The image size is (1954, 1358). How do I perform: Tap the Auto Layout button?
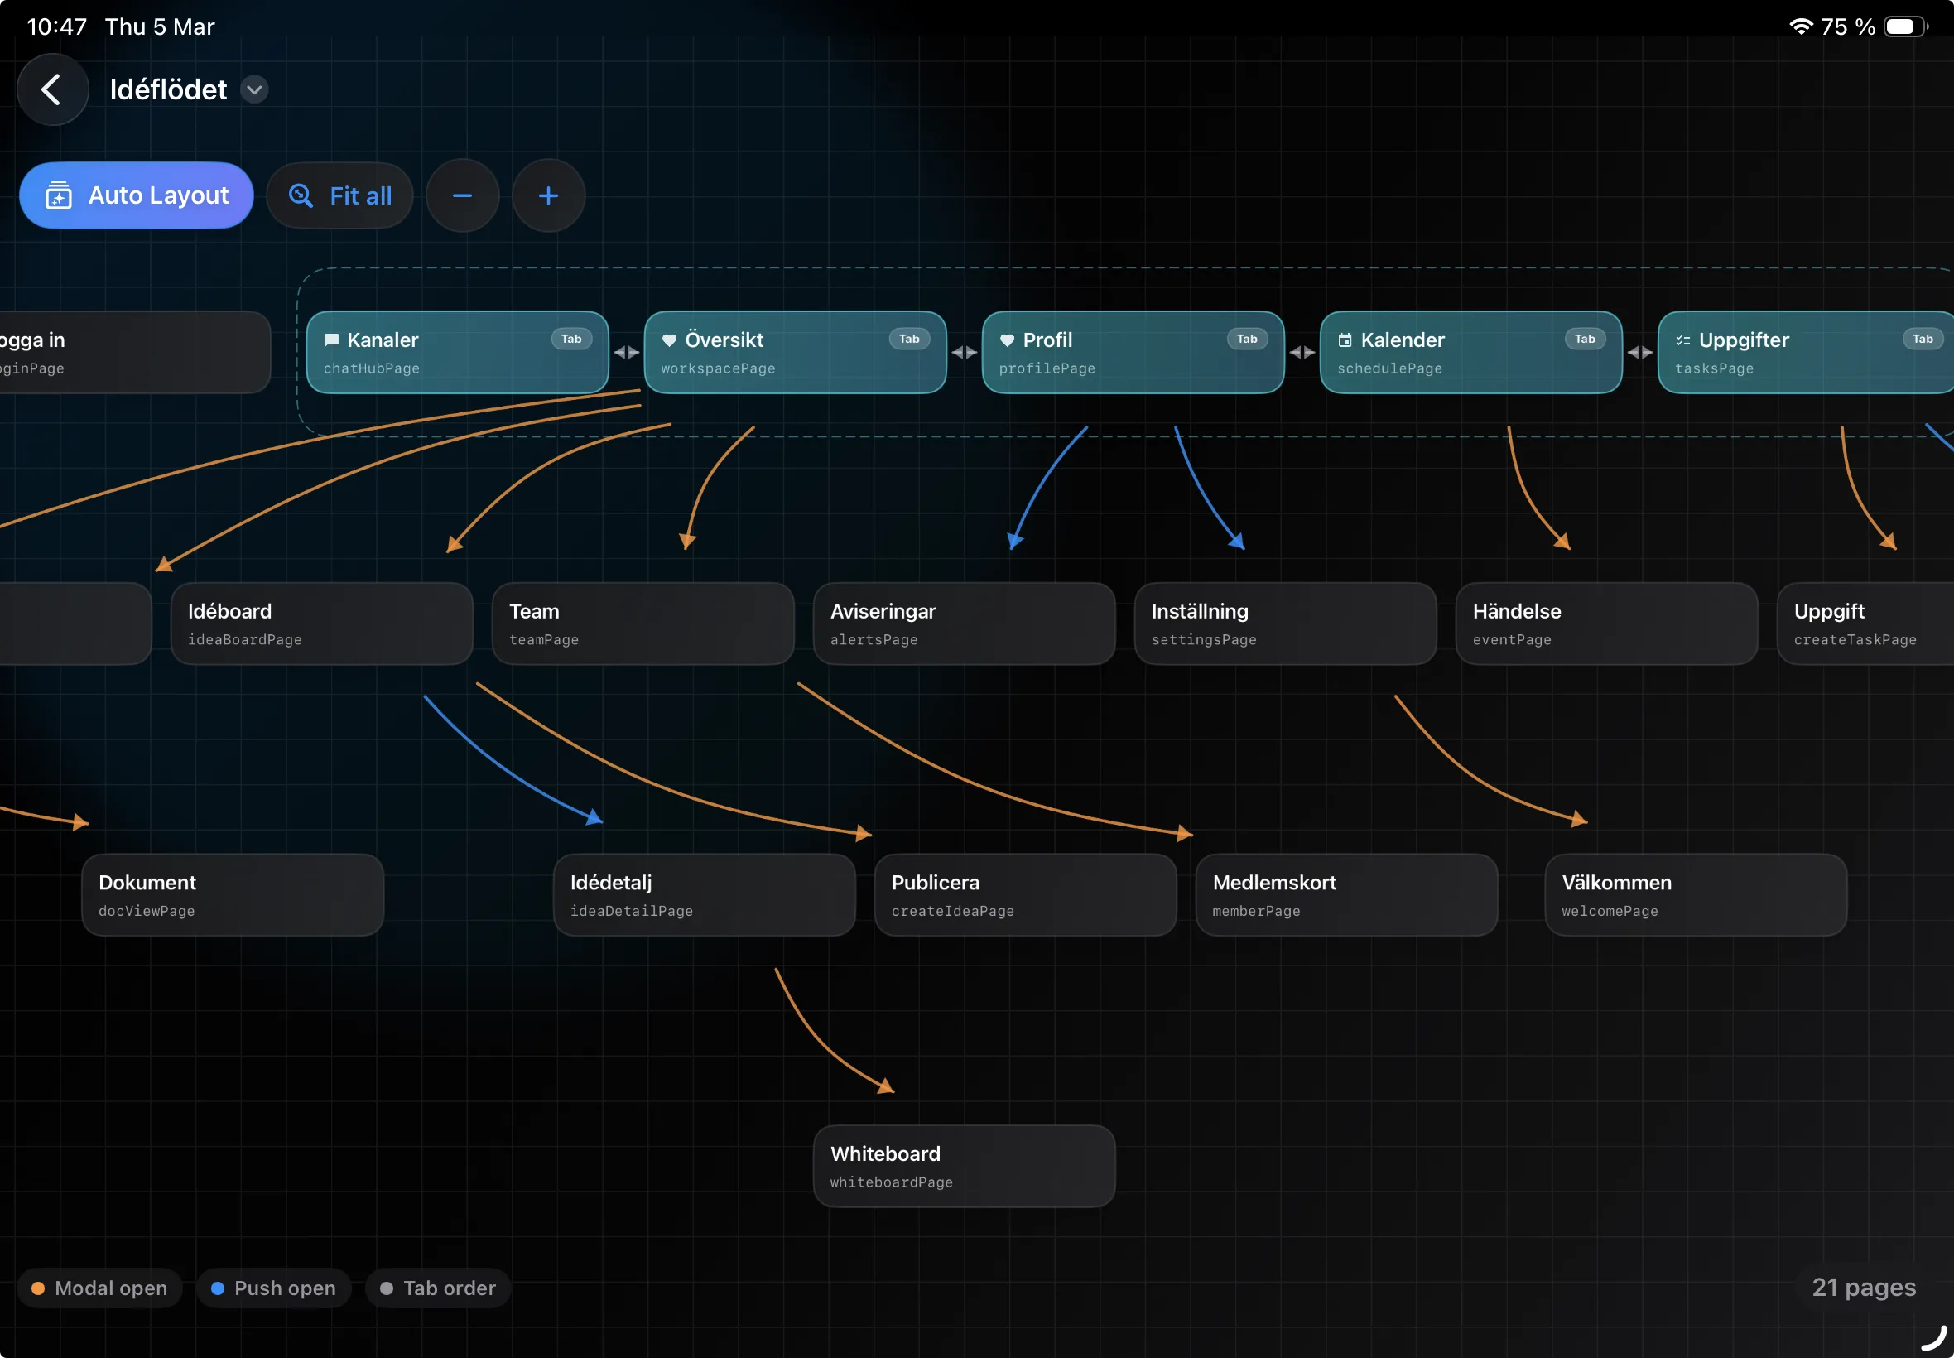(136, 195)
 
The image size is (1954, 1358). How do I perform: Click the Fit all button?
(340, 195)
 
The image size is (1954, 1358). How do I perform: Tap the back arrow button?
(52, 89)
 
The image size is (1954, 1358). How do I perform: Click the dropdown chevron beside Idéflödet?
(254, 89)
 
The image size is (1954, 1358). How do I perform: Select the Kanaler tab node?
(457, 352)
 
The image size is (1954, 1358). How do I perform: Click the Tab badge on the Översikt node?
(908, 339)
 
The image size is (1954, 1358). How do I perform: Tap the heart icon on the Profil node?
(1007, 340)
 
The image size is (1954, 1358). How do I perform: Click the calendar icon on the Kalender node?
(1345, 340)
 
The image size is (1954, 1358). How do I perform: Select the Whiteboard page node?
(964, 1166)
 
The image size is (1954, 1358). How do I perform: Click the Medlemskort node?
(1345, 894)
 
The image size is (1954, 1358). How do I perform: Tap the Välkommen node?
(1695, 894)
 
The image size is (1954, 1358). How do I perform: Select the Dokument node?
(232, 894)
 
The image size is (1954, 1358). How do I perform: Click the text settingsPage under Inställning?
(1204, 640)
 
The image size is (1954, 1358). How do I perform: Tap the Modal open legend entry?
(100, 1288)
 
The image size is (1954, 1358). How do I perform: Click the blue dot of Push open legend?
(218, 1288)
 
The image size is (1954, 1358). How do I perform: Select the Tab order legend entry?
(438, 1288)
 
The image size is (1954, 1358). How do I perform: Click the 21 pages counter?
(1863, 1288)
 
